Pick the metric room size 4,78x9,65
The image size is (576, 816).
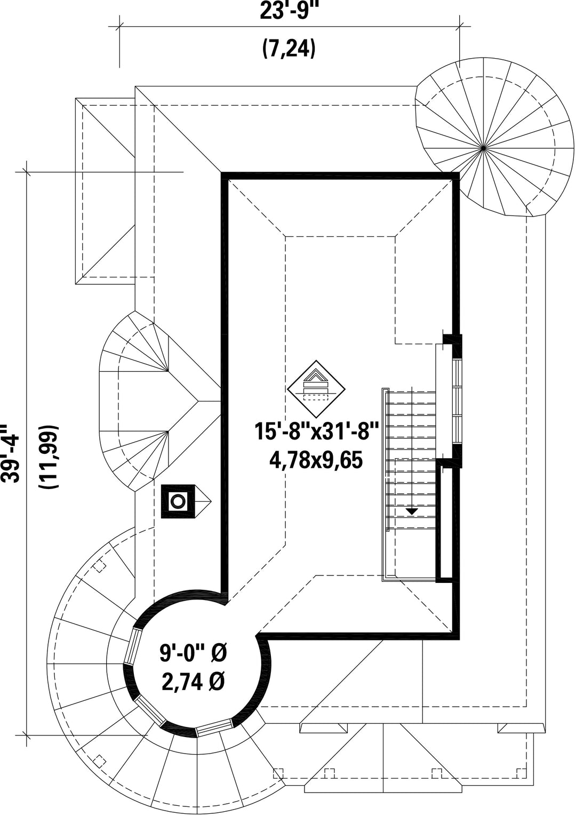click(316, 460)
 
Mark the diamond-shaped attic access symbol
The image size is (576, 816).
click(316, 389)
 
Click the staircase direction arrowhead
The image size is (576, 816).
click(412, 511)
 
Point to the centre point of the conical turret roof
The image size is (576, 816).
click(483, 148)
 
